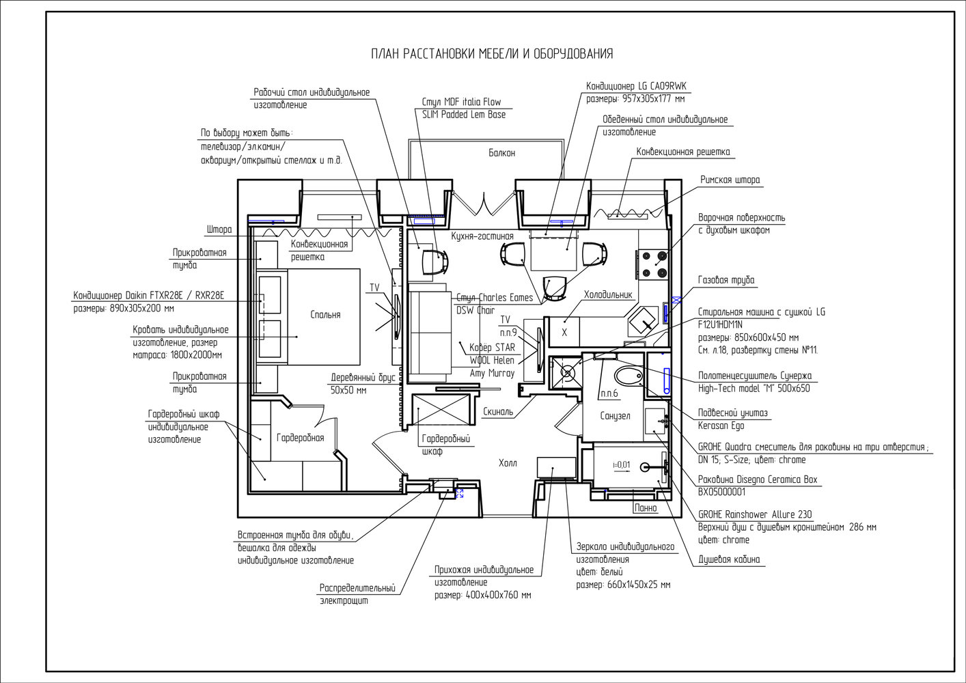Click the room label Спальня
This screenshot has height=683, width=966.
(325, 315)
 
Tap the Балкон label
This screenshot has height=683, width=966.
(501, 152)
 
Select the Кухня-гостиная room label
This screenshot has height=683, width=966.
(482, 236)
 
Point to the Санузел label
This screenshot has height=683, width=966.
(615, 416)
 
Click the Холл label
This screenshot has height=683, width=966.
(508, 463)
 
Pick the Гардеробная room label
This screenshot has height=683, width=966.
(300, 438)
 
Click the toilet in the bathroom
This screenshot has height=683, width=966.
(629, 376)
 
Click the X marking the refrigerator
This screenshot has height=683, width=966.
(564, 333)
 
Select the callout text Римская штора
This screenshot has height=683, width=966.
(730, 180)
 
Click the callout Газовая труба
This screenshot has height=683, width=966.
(726, 280)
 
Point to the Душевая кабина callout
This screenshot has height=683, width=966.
(729, 559)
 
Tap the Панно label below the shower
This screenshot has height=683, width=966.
(646, 508)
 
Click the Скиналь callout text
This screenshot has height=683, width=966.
(498, 412)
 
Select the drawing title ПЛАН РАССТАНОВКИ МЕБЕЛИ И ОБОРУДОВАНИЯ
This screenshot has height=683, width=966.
(492, 54)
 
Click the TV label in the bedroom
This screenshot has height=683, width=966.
(374, 288)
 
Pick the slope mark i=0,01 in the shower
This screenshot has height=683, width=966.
(622, 465)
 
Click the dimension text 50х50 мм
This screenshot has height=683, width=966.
(348, 391)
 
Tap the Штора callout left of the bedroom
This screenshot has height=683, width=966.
(219, 229)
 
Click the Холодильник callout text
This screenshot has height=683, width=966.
(608, 295)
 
